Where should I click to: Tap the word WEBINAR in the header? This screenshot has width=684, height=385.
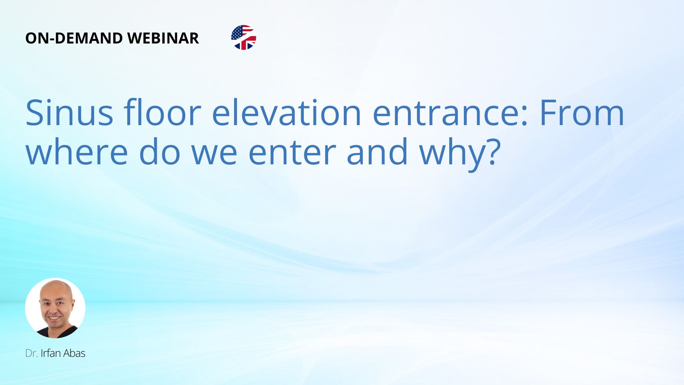[163, 38]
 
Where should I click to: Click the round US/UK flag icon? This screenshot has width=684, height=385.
[244, 37]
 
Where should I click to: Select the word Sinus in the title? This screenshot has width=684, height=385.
[69, 113]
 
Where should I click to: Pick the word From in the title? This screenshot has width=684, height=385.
[582, 113]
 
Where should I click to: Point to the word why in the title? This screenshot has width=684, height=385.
[450, 154]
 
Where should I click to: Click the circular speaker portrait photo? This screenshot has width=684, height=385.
[55, 308]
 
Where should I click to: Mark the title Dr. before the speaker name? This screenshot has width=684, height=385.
[31, 353]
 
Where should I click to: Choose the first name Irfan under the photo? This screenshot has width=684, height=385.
[51, 353]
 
